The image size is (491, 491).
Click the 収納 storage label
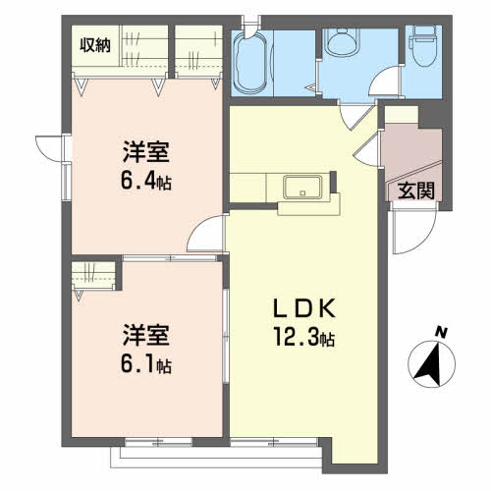pyautogui.click(x=95, y=45)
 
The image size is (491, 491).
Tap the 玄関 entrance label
pyautogui.click(x=416, y=191)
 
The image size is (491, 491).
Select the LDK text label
pyautogui.click(x=304, y=308)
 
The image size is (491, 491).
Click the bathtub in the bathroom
pyautogui.click(x=250, y=63)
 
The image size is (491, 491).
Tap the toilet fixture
pyautogui.click(x=424, y=46)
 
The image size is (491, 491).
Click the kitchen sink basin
pyautogui.click(x=302, y=188)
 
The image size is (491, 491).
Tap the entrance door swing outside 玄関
pyautogui.click(x=415, y=228)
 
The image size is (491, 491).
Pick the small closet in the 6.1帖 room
pyautogui.click(x=93, y=275)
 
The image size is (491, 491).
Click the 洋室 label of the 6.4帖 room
pyautogui.click(x=146, y=152)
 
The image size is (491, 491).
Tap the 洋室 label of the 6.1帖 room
pyautogui.click(x=146, y=335)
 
